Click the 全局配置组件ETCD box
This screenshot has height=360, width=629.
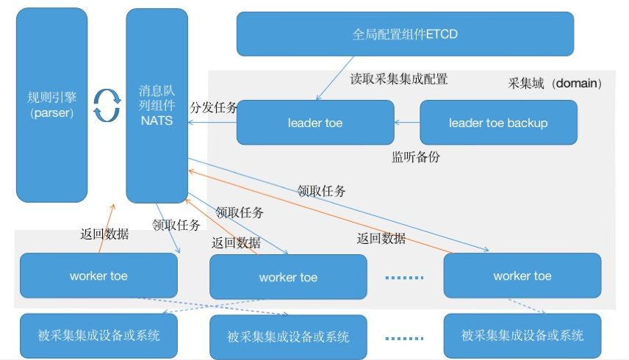tap(405, 34)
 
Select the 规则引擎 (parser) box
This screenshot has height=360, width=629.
tap(51, 105)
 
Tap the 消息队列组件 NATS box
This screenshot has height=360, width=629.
tap(156, 105)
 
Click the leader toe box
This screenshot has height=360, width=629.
tap(314, 123)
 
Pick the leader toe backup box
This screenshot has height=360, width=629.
tap(498, 123)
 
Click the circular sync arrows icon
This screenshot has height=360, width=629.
tap(107, 105)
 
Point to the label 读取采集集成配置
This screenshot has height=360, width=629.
tap(398, 79)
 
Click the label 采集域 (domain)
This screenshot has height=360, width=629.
tap(555, 84)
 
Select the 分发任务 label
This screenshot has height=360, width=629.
tap(213, 108)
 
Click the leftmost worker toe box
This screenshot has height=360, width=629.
tap(98, 276)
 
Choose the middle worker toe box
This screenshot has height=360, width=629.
tap(288, 277)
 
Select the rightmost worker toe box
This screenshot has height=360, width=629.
tap(522, 276)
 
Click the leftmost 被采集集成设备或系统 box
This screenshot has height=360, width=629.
tap(98, 336)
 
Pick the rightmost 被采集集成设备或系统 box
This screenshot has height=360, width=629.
tap(522, 336)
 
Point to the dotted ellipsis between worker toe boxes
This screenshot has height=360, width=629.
tap(405, 278)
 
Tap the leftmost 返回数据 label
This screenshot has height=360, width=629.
tap(104, 234)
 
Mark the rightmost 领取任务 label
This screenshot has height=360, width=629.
tap(321, 191)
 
